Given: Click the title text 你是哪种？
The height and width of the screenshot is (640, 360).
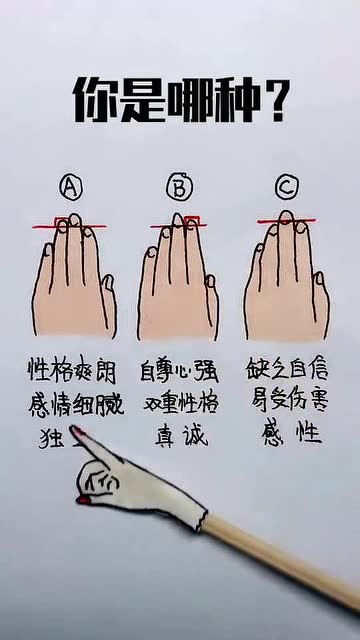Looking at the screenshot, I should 181,100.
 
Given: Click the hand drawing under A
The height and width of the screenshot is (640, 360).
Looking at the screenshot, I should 73,285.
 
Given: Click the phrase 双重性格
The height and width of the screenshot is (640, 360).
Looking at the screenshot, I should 180,405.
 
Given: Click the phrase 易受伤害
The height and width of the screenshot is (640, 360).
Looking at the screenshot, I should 287,405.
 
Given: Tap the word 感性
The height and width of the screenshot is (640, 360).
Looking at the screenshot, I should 287,436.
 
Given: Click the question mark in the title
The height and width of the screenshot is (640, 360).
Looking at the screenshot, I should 277,100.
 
